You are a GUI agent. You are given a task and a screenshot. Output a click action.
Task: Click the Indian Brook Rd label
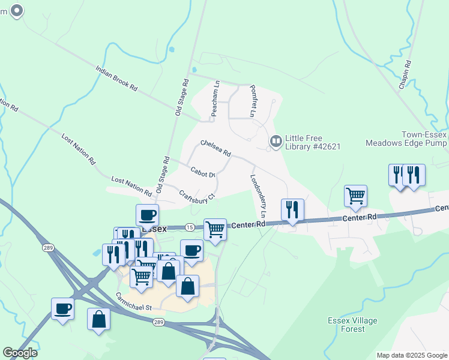pyautogui.click(x=116, y=78)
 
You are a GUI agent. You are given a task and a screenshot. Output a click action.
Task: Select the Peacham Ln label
pyautogui.click(x=214, y=100)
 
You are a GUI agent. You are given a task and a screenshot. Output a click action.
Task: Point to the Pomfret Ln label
pyautogui.click(x=253, y=100)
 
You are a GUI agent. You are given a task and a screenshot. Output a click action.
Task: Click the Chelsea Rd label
pyautogui.click(x=215, y=148)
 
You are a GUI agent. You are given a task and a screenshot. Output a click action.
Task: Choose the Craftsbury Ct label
pyautogui.click(x=197, y=195)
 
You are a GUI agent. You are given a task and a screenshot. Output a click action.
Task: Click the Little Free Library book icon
pyautogui.click(x=276, y=142)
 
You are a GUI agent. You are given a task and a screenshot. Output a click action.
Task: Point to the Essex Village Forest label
pyautogui.click(x=353, y=325)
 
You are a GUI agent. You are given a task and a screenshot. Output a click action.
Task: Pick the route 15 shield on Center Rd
pyautogui.click(x=190, y=227)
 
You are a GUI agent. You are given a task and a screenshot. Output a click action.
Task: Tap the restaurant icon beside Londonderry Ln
pyautogui.click(x=292, y=210)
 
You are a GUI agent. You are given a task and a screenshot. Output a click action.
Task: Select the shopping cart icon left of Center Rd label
pyautogui.click(x=215, y=229)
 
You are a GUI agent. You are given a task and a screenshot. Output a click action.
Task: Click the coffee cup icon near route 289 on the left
pyautogui.click(x=62, y=308)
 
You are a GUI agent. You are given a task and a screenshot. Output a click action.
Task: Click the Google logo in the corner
pyautogui.click(x=20, y=353)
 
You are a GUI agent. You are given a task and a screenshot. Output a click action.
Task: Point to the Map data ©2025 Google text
pyautogui.click(x=412, y=355)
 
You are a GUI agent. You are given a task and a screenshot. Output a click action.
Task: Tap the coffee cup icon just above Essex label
pyautogui.click(x=147, y=215)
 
